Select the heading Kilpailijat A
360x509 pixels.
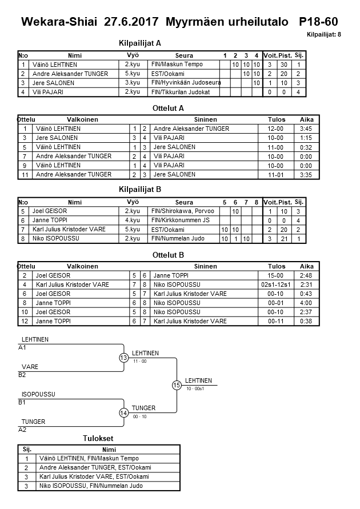(x=139, y=43)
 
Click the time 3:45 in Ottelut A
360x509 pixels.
(x=306, y=129)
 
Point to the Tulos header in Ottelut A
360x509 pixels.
(x=277, y=119)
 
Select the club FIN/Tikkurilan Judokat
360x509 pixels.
(x=180, y=92)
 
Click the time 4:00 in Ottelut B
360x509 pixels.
(x=306, y=303)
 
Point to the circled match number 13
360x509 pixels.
(x=124, y=358)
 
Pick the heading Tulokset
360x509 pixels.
(x=98, y=438)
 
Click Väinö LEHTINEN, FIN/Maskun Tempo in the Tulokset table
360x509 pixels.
(x=89, y=458)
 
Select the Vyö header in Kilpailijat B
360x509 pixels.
(x=132, y=202)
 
